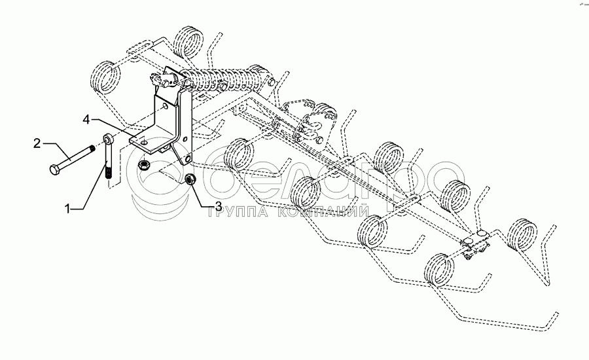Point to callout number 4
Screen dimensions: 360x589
[86, 120]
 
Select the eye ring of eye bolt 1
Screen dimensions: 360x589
[106, 140]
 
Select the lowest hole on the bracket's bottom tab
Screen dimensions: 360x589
[187, 158]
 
